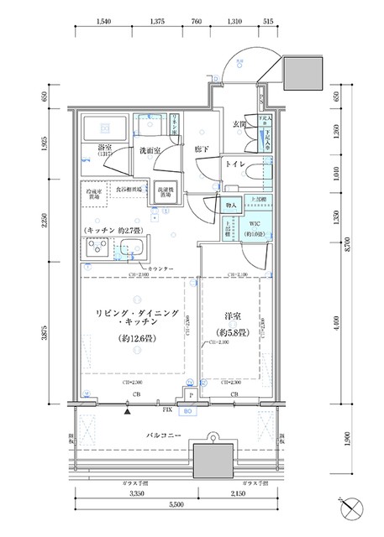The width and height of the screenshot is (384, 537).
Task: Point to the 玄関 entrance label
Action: tap(238, 127)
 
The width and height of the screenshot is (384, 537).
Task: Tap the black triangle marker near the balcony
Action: tap(127, 412)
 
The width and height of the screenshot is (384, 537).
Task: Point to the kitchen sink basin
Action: tap(132, 248)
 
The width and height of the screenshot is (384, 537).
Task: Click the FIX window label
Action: tap(167, 411)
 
